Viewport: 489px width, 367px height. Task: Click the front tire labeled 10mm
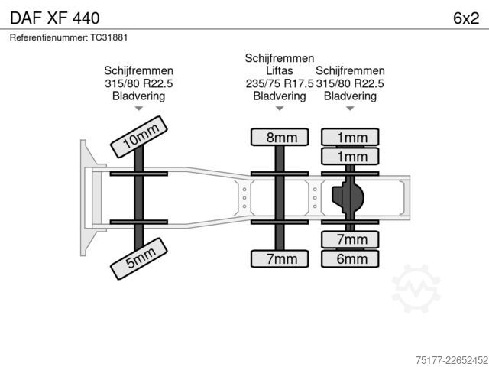(139, 137)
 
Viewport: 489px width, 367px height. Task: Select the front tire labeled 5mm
(139, 258)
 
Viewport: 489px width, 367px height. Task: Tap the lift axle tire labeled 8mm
(280, 137)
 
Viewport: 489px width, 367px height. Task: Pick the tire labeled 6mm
(350, 258)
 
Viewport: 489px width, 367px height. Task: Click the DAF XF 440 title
(55, 18)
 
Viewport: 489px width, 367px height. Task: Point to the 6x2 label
(466, 18)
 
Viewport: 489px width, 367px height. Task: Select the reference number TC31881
(109, 37)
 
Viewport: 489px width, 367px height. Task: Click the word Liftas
(280, 71)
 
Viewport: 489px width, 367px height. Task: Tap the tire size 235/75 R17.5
(280, 83)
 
